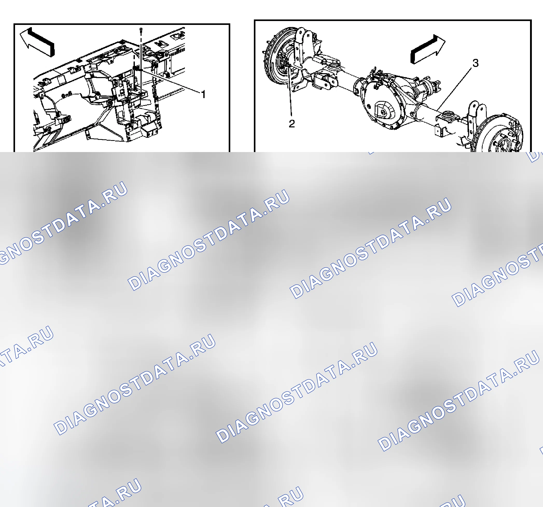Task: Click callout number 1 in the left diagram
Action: (x=203, y=94)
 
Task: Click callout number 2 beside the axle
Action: (x=292, y=124)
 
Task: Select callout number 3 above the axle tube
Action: (x=476, y=63)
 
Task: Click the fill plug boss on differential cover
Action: (x=383, y=112)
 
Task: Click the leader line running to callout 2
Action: (x=290, y=91)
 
